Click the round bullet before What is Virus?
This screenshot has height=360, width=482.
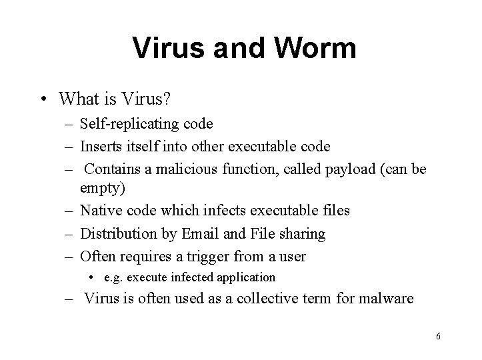pos(43,99)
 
